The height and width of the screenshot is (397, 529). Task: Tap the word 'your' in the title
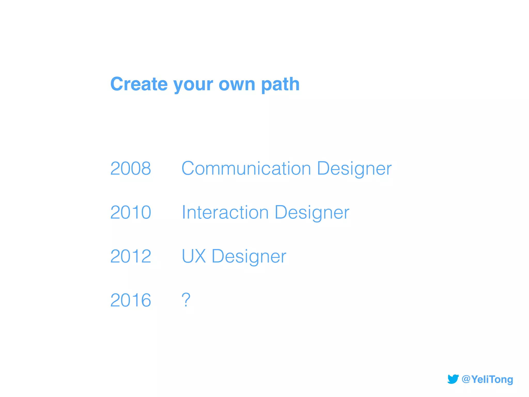point(193,85)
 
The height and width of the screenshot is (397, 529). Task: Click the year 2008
point(131,169)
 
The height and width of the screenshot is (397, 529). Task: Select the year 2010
point(131,212)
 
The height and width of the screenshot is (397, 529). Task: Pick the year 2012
point(131,256)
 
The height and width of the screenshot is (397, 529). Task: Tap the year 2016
point(131,300)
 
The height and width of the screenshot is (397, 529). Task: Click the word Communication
point(246,169)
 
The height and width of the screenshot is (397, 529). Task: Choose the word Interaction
point(225,212)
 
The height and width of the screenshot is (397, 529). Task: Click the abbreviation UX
point(194,256)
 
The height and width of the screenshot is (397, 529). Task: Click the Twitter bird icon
point(453,379)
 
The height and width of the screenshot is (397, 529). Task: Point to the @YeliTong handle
point(487,379)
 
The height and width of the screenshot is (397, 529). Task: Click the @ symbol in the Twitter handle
point(466,379)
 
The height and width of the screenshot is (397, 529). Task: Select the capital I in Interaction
point(184,212)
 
